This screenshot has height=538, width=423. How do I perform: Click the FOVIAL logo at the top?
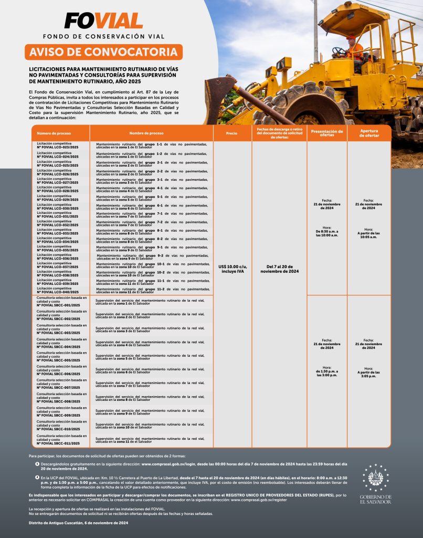pyautogui.click(x=103, y=20)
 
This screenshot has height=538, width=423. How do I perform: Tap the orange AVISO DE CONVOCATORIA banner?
pyautogui.click(x=103, y=52)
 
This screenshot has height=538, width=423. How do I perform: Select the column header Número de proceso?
pyautogui.click(x=50, y=133)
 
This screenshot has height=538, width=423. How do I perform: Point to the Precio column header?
pyautogui.click(x=231, y=133)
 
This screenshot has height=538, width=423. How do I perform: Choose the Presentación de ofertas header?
pyautogui.click(x=327, y=133)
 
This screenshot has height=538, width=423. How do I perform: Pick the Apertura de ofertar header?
pyautogui.click(x=369, y=133)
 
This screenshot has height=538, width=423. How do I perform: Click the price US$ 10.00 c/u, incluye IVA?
pyautogui.click(x=231, y=268)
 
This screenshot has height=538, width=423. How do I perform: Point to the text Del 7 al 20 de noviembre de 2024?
pyautogui.click(x=279, y=268)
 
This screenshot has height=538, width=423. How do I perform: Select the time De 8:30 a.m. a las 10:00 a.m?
pyautogui.click(x=327, y=233)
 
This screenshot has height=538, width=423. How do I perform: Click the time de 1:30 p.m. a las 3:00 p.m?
pyautogui.click(x=327, y=374)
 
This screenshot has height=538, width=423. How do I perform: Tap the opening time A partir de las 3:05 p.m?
pyautogui.click(x=369, y=374)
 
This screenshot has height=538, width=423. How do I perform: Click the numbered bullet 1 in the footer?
pyautogui.click(x=37, y=464)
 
